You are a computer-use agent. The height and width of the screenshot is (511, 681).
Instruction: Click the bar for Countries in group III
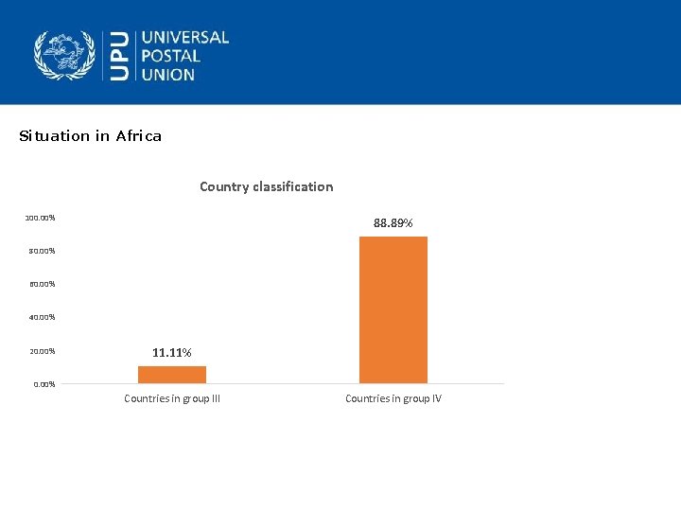(172, 375)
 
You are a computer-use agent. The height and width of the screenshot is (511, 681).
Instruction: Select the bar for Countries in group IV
(393, 309)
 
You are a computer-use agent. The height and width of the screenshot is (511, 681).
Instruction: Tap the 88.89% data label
(393, 223)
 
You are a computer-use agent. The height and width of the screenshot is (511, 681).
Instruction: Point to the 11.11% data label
(172, 353)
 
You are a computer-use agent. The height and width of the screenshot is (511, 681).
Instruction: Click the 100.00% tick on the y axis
(40, 219)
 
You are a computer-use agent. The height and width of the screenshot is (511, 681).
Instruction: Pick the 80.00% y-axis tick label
(42, 252)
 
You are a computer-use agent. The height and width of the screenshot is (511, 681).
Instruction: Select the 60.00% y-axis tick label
(42, 285)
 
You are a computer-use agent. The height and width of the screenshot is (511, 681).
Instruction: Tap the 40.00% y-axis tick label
(42, 318)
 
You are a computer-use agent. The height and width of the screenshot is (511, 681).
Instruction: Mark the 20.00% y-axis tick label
(42, 352)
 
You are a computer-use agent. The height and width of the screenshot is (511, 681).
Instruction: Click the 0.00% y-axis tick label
(44, 384)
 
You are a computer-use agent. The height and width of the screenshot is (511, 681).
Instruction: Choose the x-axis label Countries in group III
(172, 398)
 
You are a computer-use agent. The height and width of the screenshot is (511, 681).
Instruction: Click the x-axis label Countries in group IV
(393, 398)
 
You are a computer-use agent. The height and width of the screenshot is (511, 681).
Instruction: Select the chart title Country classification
(266, 186)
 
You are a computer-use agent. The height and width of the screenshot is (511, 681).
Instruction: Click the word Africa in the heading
(139, 136)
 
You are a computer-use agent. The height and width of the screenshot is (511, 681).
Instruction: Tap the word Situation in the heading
(54, 136)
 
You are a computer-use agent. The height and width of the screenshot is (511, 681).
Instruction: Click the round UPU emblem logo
(65, 55)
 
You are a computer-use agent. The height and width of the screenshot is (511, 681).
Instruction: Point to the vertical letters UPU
(119, 55)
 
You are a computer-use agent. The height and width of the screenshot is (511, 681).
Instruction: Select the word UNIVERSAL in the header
(185, 38)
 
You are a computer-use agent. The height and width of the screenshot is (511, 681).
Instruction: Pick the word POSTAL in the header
(171, 56)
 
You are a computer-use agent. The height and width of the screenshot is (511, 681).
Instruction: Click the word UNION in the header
(168, 74)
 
